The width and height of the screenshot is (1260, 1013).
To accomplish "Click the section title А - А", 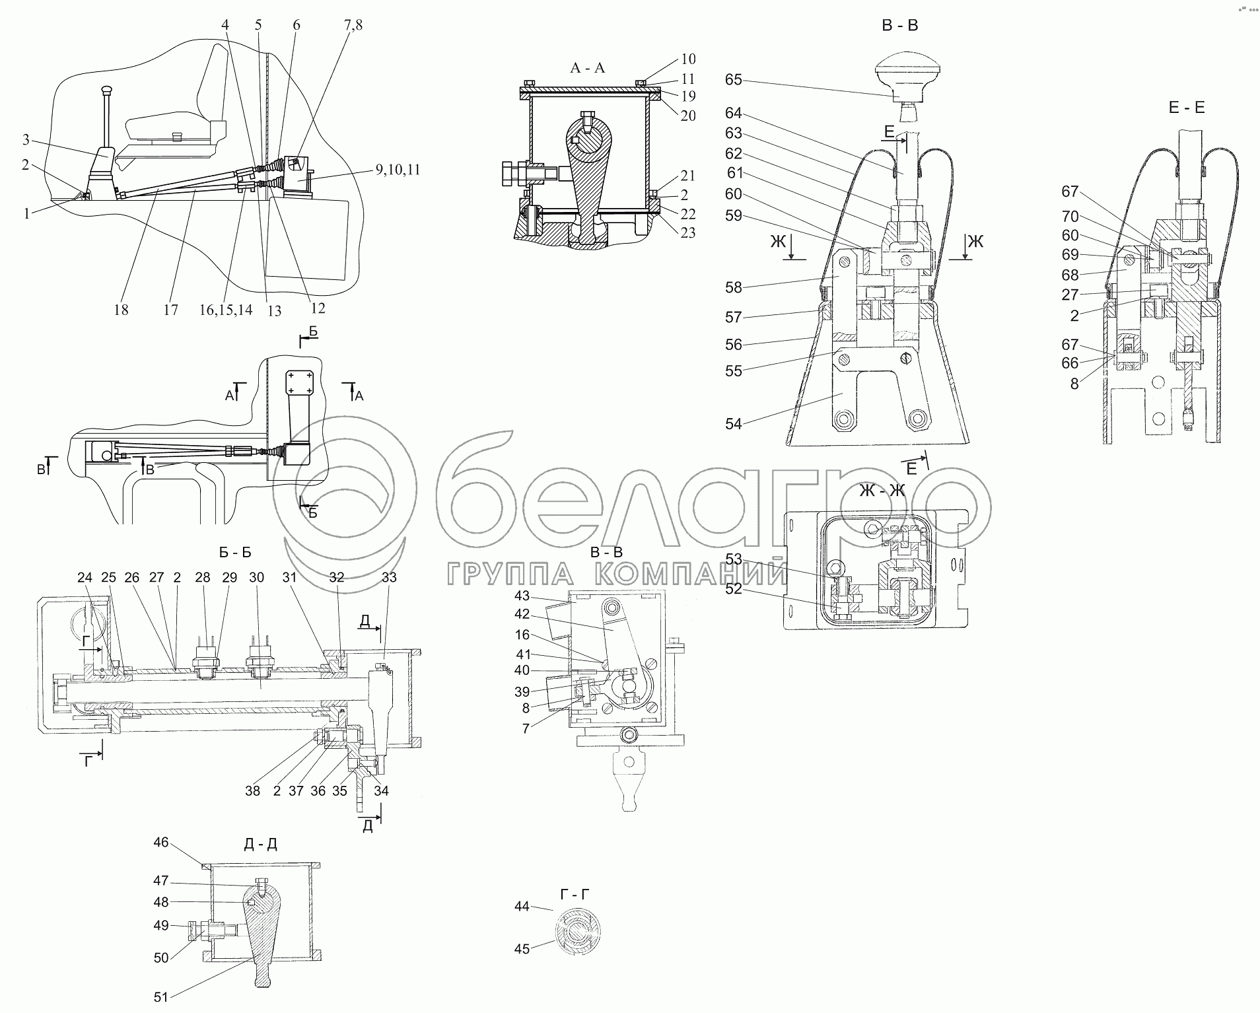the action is tap(587, 67).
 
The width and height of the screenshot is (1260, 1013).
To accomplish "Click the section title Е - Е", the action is tap(1187, 108).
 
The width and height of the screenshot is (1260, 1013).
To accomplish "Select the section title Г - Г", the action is tap(574, 894).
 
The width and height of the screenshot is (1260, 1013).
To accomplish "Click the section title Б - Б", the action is tap(234, 552).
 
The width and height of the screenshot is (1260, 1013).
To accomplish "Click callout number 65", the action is tap(733, 80).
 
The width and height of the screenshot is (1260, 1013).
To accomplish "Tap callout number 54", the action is tap(733, 424).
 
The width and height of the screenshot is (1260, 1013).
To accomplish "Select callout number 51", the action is tap(161, 997).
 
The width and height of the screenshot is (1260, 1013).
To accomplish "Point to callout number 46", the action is tap(161, 843).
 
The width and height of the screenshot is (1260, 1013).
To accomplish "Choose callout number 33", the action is tap(389, 577).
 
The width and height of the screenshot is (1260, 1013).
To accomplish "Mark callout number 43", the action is tap(522, 595).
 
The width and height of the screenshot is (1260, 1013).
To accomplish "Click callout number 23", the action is tap(688, 232).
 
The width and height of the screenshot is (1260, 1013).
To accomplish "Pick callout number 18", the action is tap(120, 310).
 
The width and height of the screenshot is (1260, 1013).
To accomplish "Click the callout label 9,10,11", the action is tap(398, 170).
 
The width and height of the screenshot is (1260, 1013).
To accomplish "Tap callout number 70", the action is tap(1070, 216).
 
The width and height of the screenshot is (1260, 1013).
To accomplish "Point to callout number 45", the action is tap(522, 950).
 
